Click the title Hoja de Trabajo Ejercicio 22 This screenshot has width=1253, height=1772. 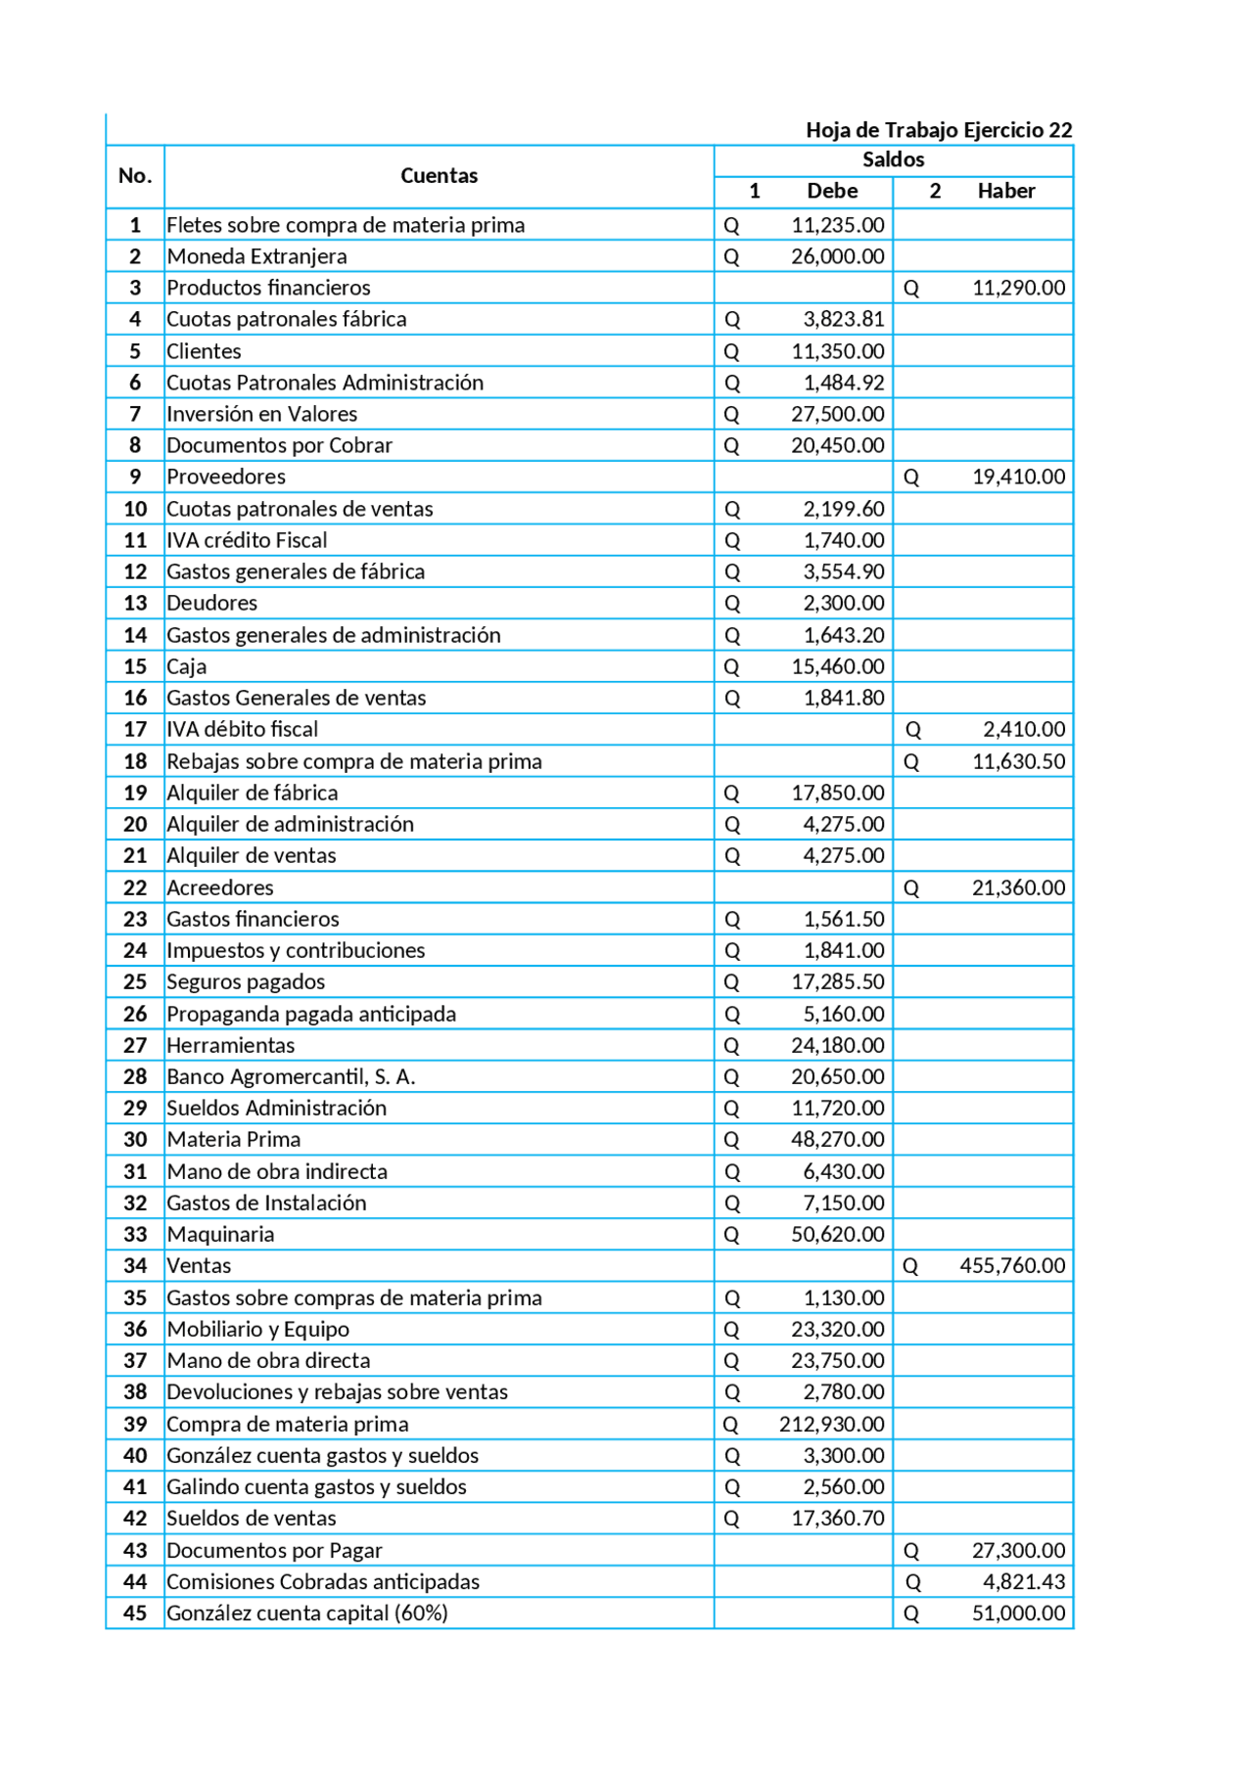[938, 130]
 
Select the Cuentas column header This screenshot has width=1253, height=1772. [439, 176]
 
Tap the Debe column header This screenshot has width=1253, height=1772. [832, 191]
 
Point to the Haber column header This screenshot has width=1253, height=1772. [1005, 191]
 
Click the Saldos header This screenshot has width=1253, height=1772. [893, 159]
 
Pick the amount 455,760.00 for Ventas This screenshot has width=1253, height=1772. [1011, 1265]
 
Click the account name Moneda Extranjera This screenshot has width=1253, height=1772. [256, 256]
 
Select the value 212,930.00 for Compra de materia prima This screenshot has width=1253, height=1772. [831, 1424]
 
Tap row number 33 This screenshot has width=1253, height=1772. [135, 1235]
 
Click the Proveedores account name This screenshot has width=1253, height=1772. [226, 477]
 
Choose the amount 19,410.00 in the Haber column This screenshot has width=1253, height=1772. [1018, 477]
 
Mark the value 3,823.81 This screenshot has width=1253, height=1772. [843, 319]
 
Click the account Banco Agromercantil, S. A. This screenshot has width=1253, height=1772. [291, 1076]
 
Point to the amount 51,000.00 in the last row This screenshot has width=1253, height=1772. [1018, 1613]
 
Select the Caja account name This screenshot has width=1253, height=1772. [187, 666]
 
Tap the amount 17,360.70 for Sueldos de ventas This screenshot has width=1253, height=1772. [837, 1518]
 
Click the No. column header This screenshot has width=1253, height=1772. [135, 176]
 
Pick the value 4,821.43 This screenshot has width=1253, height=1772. [1024, 1581]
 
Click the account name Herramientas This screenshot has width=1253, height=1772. [231, 1045]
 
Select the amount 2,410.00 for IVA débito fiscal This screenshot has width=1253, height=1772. [1024, 729]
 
